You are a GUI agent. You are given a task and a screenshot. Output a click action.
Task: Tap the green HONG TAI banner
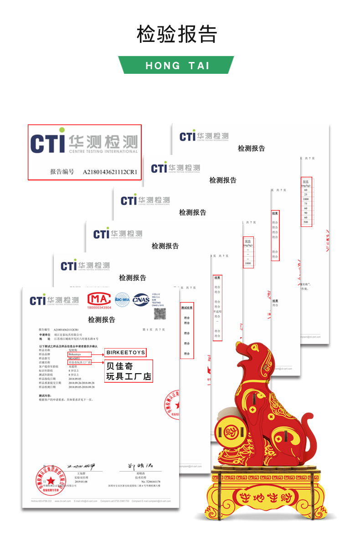[176, 65]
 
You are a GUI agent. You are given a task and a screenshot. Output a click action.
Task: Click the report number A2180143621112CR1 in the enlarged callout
[110, 172]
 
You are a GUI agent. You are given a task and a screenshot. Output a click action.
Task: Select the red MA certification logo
[98, 301]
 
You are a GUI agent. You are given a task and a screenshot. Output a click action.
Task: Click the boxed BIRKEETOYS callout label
[125, 353]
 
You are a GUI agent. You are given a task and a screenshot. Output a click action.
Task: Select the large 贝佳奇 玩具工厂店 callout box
[129, 371]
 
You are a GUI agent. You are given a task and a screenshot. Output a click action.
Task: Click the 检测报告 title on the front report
[101, 319]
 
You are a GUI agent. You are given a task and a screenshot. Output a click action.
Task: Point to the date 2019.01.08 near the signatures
[82, 481]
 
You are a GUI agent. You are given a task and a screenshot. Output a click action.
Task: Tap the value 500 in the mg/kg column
[306, 221]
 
